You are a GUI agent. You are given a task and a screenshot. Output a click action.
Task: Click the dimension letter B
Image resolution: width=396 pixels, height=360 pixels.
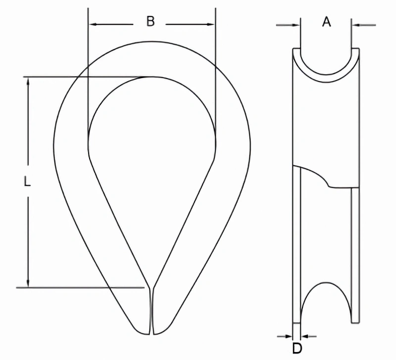click(150, 21)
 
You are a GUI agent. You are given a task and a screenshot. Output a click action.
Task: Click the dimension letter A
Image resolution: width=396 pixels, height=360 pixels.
click(327, 22)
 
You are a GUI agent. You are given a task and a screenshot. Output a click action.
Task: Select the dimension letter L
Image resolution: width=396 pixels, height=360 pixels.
click(27, 181)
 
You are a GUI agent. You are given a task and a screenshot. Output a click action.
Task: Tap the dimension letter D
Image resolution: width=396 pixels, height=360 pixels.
click(297, 349)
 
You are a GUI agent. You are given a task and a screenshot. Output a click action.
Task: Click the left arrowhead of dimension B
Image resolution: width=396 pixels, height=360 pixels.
click(93, 24)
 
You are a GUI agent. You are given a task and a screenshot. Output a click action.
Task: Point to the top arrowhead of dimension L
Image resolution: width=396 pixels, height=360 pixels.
click(28, 82)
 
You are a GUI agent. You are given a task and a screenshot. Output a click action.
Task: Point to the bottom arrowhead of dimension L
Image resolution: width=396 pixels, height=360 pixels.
click(28, 282)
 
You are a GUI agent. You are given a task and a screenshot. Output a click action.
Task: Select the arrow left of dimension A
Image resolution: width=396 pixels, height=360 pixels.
click(288, 25)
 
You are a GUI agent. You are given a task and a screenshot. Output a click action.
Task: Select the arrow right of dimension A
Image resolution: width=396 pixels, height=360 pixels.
click(364, 25)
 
